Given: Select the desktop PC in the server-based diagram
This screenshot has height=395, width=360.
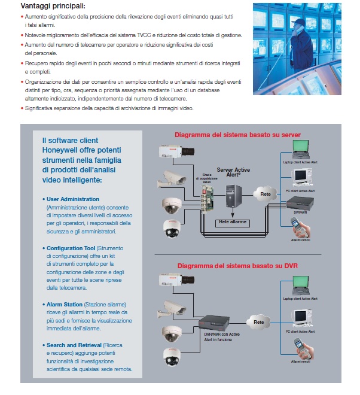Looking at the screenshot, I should [x=301, y=177].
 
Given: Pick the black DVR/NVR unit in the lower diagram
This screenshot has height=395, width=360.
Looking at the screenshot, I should [x=218, y=323].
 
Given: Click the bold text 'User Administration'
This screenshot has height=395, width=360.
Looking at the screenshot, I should [x=74, y=199].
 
